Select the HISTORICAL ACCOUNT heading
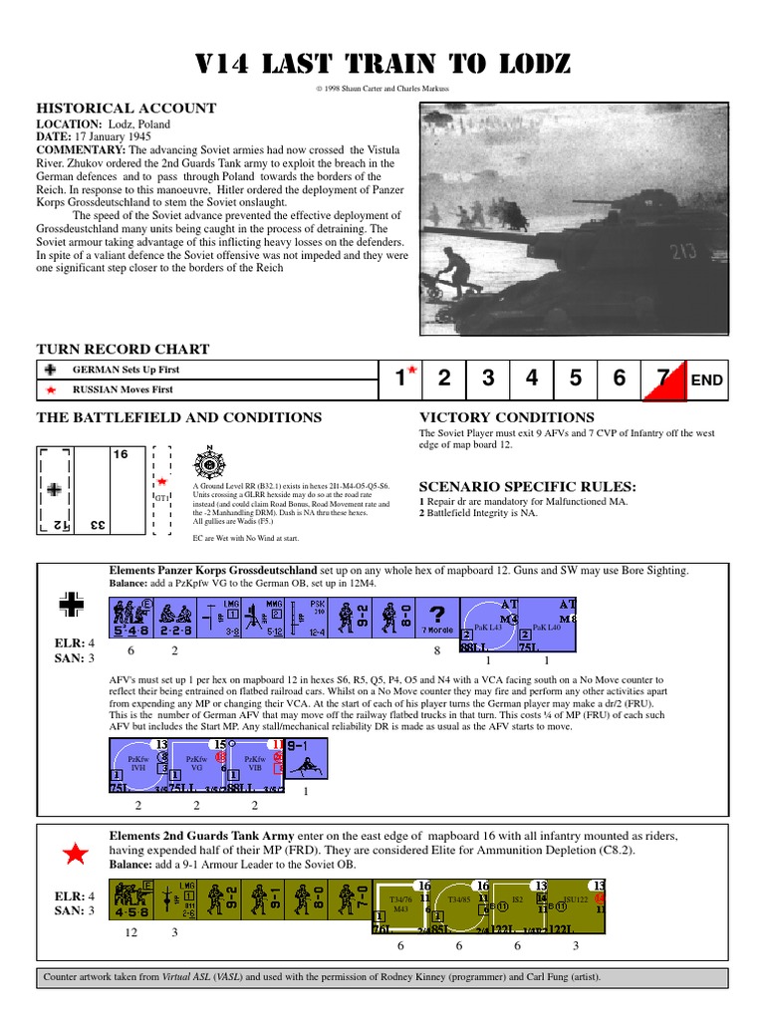[127, 108]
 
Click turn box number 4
[532, 379]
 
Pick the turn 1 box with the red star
[401, 379]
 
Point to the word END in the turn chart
[707, 380]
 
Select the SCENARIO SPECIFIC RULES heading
[527, 486]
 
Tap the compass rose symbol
[209, 463]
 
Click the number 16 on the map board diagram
[121, 454]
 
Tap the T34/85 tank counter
[459, 904]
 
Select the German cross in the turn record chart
[52, 370]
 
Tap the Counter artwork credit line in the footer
[323, 977]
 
